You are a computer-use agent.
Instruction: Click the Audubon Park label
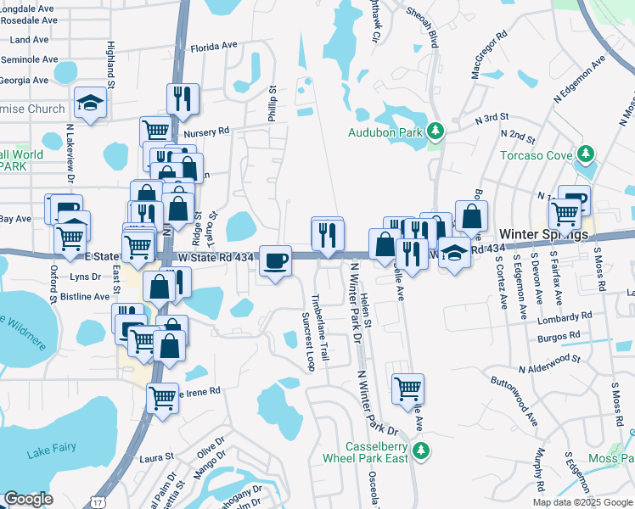pos(386,131)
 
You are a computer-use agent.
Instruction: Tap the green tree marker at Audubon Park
pos(436,131)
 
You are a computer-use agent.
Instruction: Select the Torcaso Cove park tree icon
pos(584,154)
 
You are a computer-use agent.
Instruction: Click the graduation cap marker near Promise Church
pos(88,103)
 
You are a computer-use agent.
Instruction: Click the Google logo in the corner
pos(28,499)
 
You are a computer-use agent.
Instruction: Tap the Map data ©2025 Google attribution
pos(582,502)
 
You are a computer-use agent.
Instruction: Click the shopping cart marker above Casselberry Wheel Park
pos(407,389)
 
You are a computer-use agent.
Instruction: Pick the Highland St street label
pos(110,64)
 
